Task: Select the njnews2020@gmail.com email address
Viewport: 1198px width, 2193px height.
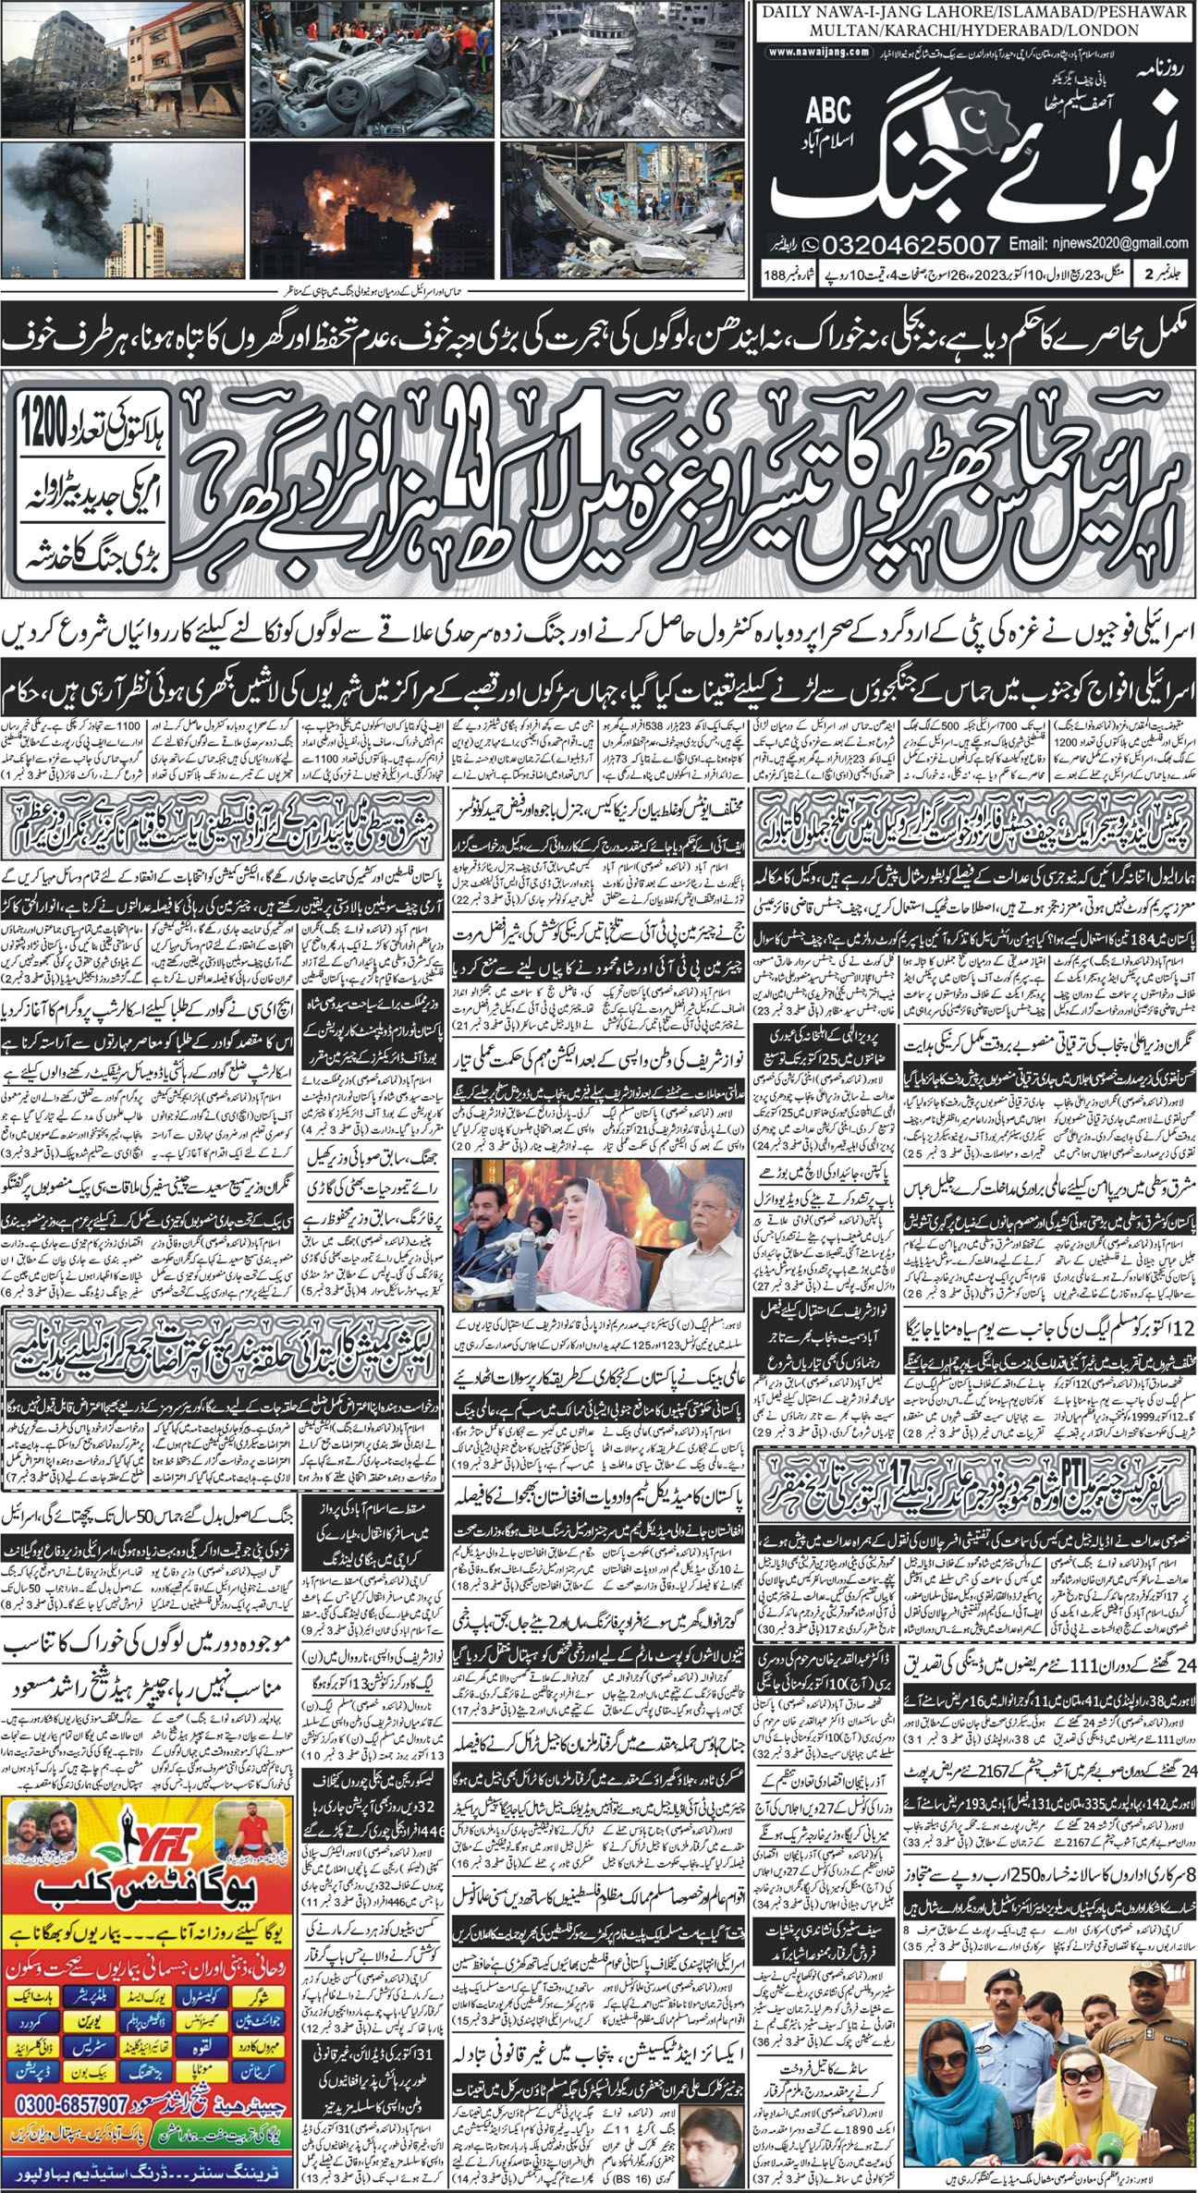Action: (1104, 243)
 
